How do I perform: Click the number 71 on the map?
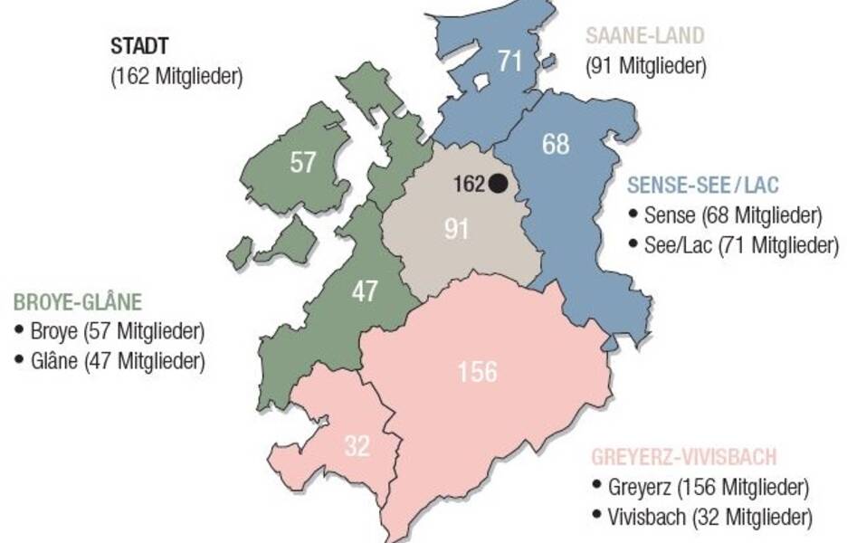pos(510,61)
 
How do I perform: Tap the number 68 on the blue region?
pos(556,144)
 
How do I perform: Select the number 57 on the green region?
pos(303,163)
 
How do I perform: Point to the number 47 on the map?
pos(365,292)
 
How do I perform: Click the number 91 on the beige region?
pos(456,229)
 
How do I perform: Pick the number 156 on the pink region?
pos(477,371)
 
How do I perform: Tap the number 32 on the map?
pos(357,446)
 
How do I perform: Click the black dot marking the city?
pos(498,184)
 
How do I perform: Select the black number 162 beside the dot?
pos(470,184)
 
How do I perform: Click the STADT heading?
pos(139,46)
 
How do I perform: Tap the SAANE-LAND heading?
pos(644,37)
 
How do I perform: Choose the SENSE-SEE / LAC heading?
pos(703,186)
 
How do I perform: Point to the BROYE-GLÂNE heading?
pos(77,302)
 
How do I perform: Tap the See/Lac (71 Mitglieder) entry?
pos(741,244)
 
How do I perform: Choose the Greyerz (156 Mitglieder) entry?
pos(699,487)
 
